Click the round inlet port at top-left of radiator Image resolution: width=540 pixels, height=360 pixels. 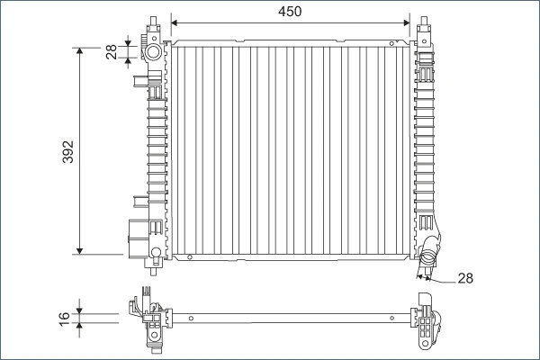(154, 52)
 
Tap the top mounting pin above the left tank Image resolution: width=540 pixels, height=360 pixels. (156, 22)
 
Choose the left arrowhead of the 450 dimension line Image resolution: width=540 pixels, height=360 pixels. (175, 21)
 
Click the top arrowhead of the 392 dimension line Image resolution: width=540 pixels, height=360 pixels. (80, 50)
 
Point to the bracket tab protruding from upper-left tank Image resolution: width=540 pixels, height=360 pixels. (141, 83)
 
